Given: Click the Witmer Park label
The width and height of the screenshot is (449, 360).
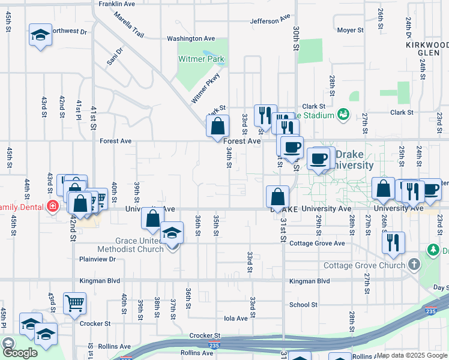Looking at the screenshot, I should click(x=201, y=59).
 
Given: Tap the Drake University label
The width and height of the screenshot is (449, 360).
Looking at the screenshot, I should click(x=354, y=160).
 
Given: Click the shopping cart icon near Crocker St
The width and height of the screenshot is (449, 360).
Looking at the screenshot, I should click(x=74, y=304).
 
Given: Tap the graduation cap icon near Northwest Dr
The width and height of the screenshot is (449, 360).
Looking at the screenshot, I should click(x=40, y=35).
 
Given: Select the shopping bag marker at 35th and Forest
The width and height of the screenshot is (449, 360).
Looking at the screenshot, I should click(x=217, y=127).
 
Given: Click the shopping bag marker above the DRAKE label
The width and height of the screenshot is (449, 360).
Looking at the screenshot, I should click(x=278, y=196).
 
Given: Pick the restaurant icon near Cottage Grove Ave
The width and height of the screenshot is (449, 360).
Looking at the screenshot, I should click(x=394, y=242).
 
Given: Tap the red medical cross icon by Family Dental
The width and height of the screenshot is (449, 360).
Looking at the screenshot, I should click(x=53, y=206).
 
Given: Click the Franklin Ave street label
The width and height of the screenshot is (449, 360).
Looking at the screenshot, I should click(x=116, y=4).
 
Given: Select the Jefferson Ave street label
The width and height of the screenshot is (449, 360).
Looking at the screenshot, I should click(x=270, y=21).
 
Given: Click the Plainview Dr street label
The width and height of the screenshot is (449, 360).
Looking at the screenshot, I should click(x=97, y=259).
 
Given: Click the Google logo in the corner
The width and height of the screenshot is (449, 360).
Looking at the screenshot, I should click(x=20, y=352).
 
